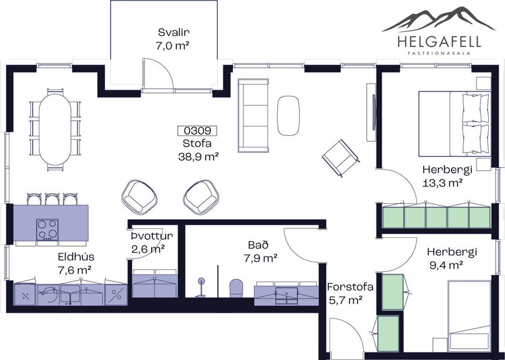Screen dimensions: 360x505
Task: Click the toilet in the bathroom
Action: (x=236, y=287)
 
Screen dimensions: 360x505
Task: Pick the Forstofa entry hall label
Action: (x=349, y=287)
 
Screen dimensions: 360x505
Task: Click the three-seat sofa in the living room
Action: (x=254, y=113)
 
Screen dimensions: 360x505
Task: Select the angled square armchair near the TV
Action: (x=339, y=157)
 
